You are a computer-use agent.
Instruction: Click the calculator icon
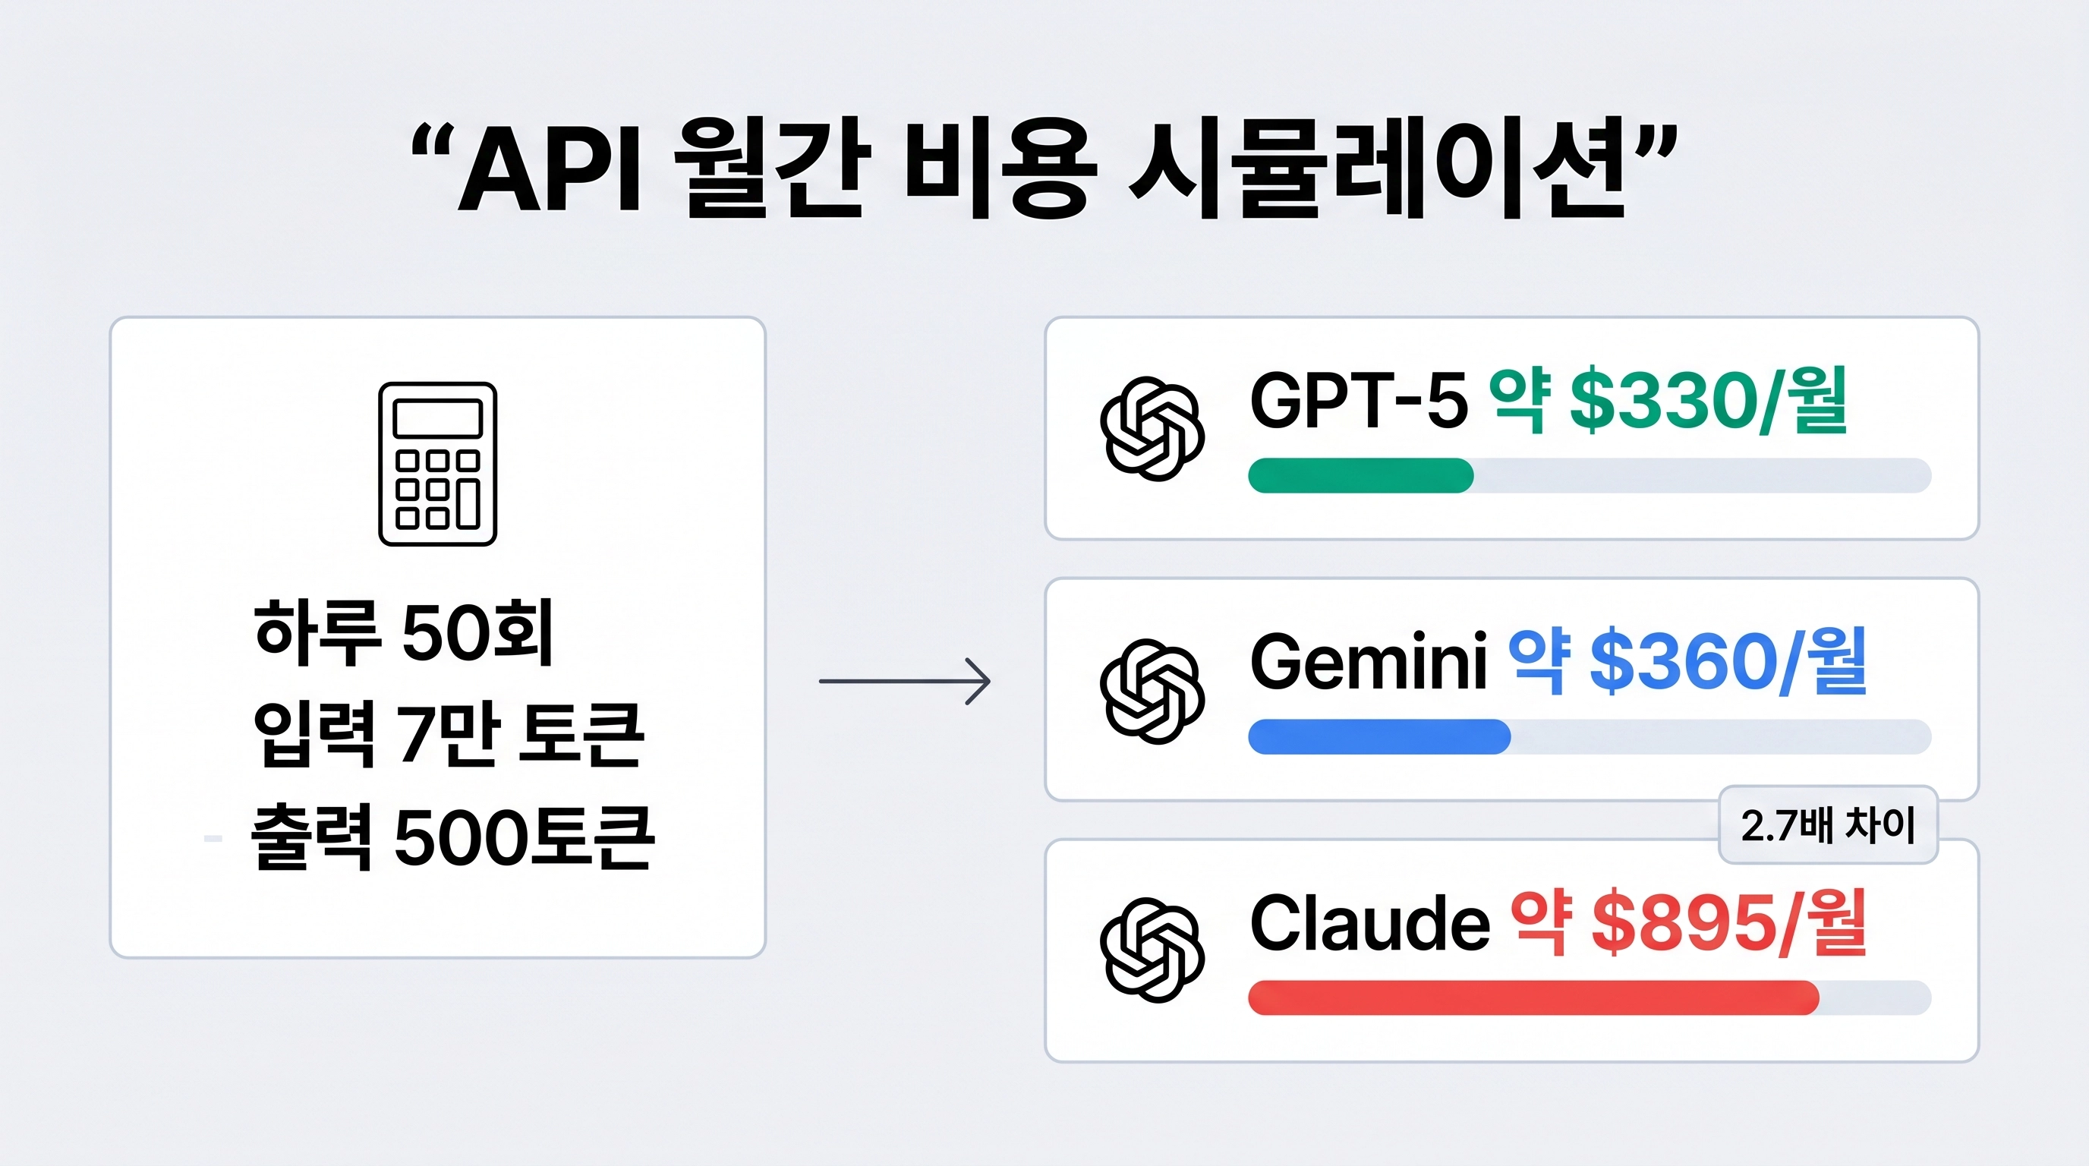coord(437,464)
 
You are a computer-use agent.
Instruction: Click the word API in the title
coord(550,172)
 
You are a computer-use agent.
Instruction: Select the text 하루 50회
coord(403,632)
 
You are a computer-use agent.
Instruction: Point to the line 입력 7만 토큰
coord(449,734)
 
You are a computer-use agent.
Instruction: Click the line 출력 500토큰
coord(451,837)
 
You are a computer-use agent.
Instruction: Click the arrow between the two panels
coord(905,681)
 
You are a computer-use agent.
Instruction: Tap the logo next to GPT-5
coord(1152,428)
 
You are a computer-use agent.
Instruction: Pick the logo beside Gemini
coord(1152,691)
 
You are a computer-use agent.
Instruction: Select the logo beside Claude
coord(1152,950)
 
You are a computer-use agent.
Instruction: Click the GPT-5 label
coord(1358,401)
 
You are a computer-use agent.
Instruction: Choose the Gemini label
coord(1368,662)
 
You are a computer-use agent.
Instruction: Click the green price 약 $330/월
coord(1669,401)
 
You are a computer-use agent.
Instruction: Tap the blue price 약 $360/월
coord(1687,662)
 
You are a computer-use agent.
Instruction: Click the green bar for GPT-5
coord(1361,475)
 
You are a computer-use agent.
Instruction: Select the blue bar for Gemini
coord(1378,736)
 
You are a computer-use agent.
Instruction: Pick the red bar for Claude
coord(1533,997)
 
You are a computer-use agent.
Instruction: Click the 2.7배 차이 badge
coord(1828,825)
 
